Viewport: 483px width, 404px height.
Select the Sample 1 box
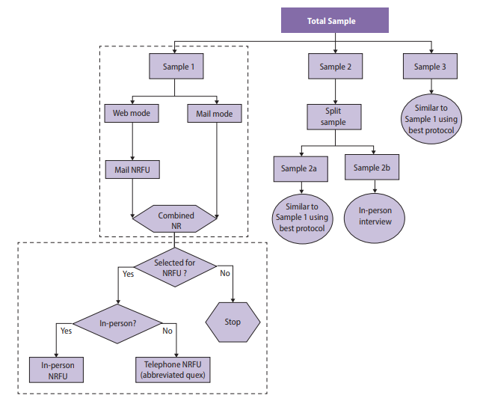tap(174, 67)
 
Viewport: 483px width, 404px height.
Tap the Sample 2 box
tap(336, 67)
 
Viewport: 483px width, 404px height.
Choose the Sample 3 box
tap(430, 67)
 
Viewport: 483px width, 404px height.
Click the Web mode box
tap(132, 114)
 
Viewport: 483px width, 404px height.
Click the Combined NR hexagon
tap(176, 220)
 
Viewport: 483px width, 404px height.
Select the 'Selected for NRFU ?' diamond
tap(175, 268)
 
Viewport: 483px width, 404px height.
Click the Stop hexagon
tap(233, 322)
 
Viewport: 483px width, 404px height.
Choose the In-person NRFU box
tap(57, 370)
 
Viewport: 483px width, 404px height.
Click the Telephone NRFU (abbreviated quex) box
tap(176, 370)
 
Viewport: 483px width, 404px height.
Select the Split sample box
tap(336, 116)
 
